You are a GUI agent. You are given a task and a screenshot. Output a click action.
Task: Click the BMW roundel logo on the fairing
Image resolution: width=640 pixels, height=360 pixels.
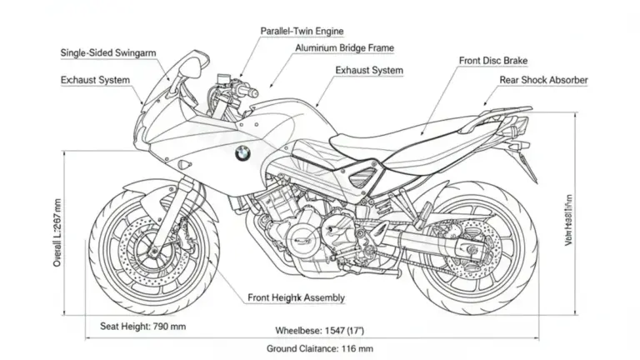tap(242, 154)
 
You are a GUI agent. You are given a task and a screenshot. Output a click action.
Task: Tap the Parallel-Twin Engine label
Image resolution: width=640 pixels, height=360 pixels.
tap(302, 31)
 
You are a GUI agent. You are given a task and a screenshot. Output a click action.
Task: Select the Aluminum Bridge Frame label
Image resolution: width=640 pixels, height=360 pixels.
tap(344, 48)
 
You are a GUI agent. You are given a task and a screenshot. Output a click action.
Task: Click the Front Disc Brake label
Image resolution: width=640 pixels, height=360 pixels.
tap(493, 61)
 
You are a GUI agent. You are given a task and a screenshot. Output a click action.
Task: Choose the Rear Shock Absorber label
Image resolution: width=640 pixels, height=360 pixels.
tap(543, 80)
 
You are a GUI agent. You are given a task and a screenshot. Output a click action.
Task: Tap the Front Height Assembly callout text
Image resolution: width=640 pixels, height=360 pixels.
tap(296, 297)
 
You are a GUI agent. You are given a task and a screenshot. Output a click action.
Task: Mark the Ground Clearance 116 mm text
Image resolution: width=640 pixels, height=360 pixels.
tap(319, 348)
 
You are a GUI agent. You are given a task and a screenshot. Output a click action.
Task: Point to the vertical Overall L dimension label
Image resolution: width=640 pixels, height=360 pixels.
tap(57, 232)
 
